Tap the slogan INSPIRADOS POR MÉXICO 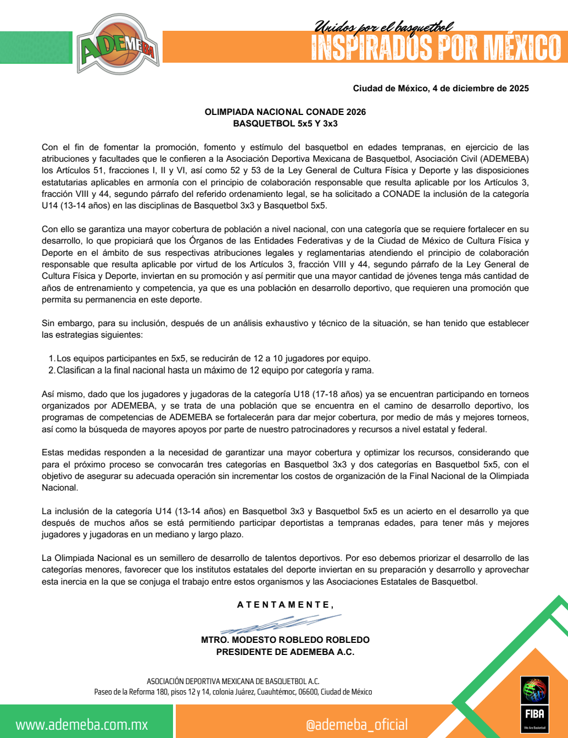tap(436, 48)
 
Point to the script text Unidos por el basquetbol tap(384, 26)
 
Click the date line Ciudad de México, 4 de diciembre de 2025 tap(441, 89)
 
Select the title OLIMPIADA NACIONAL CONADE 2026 tap(285, 112)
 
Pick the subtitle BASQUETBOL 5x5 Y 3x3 tap(285, 124)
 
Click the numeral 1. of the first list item tap(52, 359)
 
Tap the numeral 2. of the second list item tap(52, 371)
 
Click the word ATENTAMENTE tap(284, 605)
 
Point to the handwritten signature tap(280, 624)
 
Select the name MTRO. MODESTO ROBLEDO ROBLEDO tap(285, 640)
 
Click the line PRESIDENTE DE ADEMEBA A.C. tap(285, 652)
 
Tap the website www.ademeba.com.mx tap(82, 724)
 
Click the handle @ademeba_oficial tap(357, 724)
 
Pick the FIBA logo tap(534, 704)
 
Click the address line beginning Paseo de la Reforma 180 tap(233, 692)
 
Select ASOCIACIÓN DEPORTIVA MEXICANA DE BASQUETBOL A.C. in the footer tap(233, 681)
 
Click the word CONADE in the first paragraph tap(401, 194)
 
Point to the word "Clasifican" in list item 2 tap(76, 371)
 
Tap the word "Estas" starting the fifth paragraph tap(52, 453)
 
